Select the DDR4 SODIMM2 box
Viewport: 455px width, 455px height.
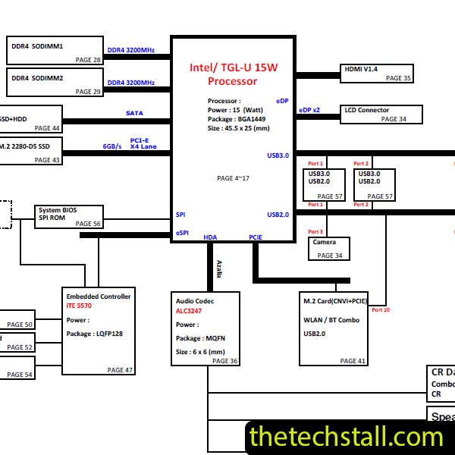coord(55,82)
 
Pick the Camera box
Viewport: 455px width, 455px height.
coord(329,249)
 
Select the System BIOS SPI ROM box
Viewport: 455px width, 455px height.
coord(69,216)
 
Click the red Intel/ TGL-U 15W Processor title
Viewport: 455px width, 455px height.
coord(233,74)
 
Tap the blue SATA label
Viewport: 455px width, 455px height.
coord(134,113)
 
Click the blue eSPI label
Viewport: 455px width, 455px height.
coord(182,233)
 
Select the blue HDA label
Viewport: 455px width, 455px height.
coord(210,237)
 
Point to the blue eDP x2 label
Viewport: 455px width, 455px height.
coord(309,110)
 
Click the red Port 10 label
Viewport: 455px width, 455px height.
coord(381,309)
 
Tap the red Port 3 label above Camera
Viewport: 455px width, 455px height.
coord(315,231)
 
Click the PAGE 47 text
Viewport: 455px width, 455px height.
coord(120,369)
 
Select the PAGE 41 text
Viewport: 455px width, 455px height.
coord(353,361)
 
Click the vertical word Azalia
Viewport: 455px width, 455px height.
coord(219,268)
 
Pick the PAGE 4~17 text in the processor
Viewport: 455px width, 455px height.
coord(233,178)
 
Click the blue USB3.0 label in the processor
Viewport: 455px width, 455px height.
coord(278,155)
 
